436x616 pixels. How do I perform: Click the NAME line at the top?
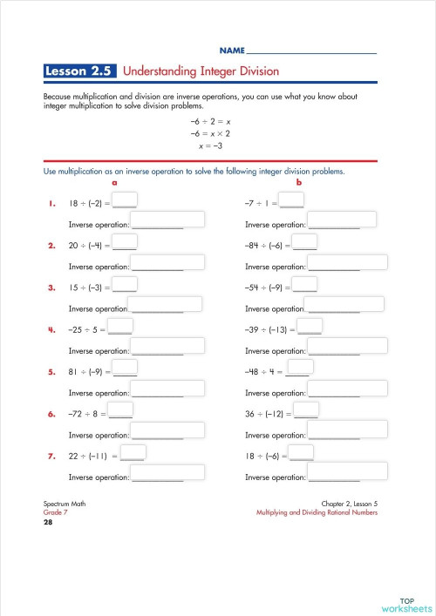tap(311, 52)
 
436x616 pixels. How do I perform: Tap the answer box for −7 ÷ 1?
tap(292, 201)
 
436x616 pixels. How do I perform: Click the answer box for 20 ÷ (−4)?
tap(125, 242)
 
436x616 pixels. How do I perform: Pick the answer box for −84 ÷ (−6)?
tap(305, 242)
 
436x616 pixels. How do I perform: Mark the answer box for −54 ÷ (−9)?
tap(305, 285)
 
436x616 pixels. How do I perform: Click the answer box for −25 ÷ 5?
tap(120, 326)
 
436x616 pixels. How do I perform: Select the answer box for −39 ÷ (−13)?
tap(310, 326)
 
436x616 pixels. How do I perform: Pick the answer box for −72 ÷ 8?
tap(121, 410)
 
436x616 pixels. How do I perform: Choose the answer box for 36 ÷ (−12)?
tap(306, 410)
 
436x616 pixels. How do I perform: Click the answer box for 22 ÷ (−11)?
tap(133, 452)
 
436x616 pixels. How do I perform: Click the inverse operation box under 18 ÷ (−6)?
tap(345, 473)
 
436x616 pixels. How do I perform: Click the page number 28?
tap(48, 523)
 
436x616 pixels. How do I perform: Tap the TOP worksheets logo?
tap(405, 604)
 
